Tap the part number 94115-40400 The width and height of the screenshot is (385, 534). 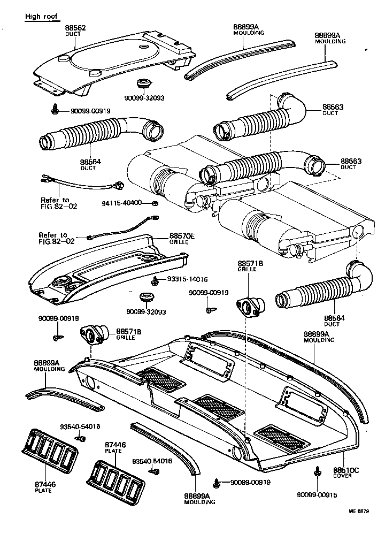pos(122,203)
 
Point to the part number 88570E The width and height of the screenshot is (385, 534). pos(182,235)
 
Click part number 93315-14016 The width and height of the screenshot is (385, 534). pos(187,279)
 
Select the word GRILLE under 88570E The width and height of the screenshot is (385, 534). pos(178,241)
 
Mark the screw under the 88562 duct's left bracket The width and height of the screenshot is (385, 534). pos(55,110)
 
